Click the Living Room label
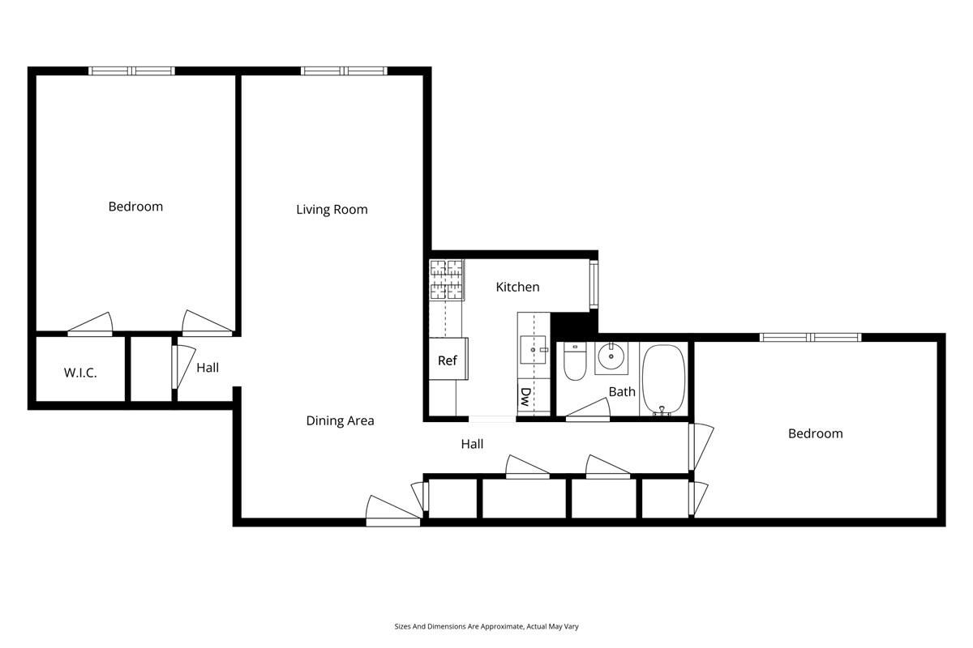[332, 210]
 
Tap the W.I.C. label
[80, 373]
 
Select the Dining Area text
[340, 420]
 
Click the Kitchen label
[517, 287]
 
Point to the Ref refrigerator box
[447, 360]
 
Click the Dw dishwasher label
[525, 397]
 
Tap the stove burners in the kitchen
[446, 279]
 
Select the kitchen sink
[534, 350]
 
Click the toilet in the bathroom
[574, 362]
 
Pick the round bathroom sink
[610, 356]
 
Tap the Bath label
[622, 392]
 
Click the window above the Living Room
[343, 71]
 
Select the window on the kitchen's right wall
[594, 284]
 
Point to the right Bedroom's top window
[809, 337]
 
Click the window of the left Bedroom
[131, 71]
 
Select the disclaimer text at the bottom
[486, 626]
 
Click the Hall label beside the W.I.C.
[208, 368]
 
